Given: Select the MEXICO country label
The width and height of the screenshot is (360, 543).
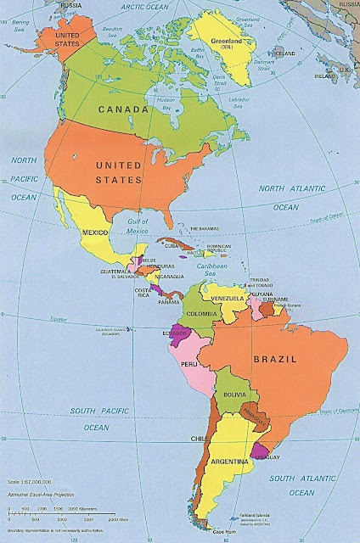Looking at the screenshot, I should click(x=95, y=232).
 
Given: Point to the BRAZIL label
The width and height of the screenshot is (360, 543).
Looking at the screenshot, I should click(x=273, y=360).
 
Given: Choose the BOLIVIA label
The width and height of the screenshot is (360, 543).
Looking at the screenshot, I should click(x=235, y=395).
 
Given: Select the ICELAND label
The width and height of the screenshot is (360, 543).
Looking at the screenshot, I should click(x=286, y=53).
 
